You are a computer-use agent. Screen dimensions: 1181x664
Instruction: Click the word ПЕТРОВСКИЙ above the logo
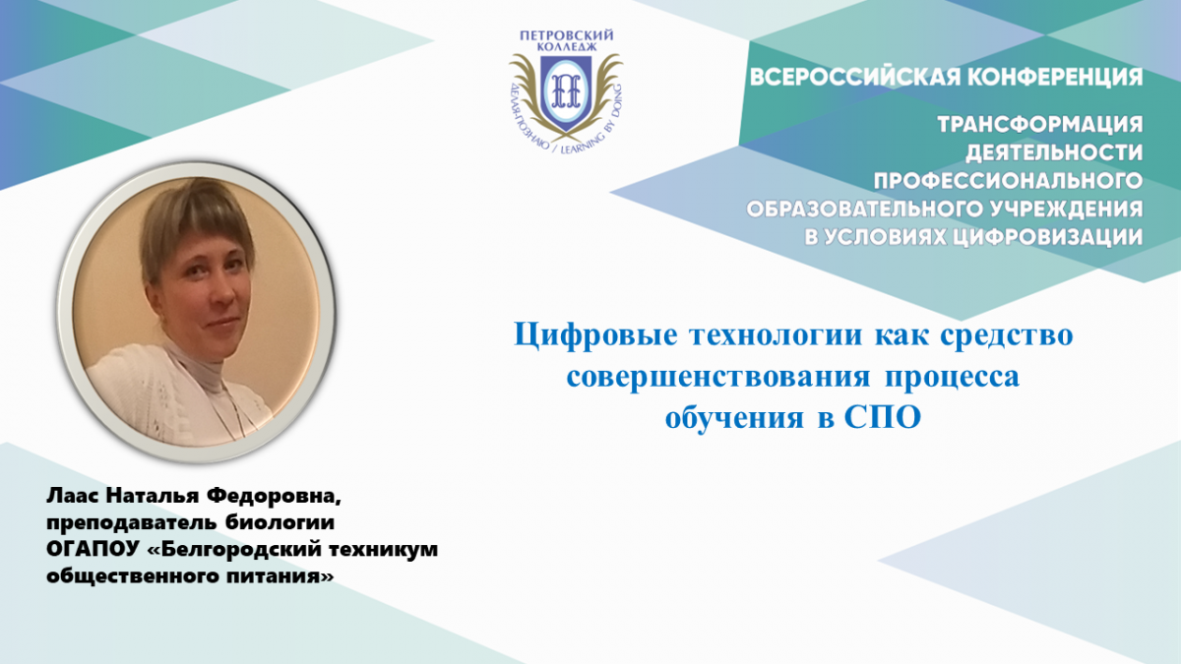[566, 35]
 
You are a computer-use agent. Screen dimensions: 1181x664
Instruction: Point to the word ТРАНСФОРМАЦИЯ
[1039, 124]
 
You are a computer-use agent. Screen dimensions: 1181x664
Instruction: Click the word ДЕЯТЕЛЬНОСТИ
[1054, 152]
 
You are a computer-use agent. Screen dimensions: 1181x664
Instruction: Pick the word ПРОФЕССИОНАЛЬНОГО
[1008, 181]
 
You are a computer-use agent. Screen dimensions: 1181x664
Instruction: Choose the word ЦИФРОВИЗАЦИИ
[1047, 237]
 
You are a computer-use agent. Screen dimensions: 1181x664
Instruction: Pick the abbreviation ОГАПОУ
[91, 549]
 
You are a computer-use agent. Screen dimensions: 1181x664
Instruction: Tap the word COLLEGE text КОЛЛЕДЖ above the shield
[566, 47]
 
